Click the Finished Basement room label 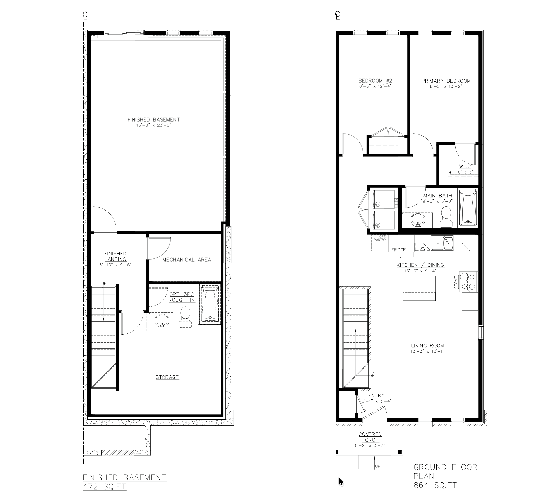click(x=154, y=119)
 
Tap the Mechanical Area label click(x=187, y=260)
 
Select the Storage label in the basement click(x=167, y=377)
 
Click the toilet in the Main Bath click(x=446, y=216)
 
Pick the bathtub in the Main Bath click(x=468, y=207)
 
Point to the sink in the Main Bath click(x=418, y=220)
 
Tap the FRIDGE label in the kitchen click(x=398, y=250)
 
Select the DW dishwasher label click(x=422, y=248)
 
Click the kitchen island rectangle click(x=419, y=288)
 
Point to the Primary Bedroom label click(x=446, y=81)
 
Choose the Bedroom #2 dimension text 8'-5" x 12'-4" click(x=375, y=86)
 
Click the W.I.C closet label click(x=465, y=166)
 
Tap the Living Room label click(x=427, y=346)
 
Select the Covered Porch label click(x=370, y=437)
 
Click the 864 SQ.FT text click(x=435, y=485)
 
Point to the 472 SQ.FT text click(x=105, y=486)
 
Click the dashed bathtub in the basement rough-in click(x=210, y=304)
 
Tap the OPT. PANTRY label click(x=380, y=238)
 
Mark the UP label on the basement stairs click(x=104, y=283)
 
